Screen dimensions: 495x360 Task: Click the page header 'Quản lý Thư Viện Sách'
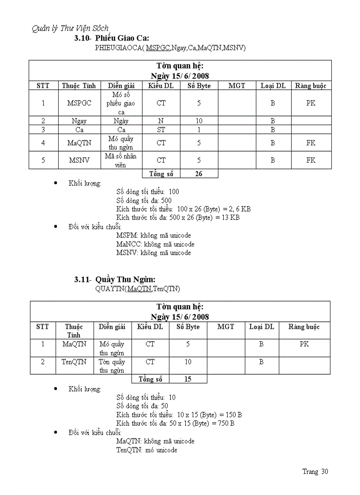[70, 29]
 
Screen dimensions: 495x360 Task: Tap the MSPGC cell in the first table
[79, 103]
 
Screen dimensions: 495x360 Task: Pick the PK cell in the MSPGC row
[311, 103]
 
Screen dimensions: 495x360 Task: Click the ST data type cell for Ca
[161, 130]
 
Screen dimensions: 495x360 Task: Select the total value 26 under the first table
[199, 174]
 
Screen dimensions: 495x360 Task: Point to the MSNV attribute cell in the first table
[79, 160]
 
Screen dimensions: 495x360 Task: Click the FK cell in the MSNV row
[311, 160]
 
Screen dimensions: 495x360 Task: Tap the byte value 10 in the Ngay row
[199, 121]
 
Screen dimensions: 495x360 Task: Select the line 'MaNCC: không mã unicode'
[155, 244]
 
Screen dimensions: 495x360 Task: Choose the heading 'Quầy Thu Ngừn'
[125, 279]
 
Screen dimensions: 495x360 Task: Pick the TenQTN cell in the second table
[74, 362]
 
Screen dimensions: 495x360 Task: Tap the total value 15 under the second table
[187, 379]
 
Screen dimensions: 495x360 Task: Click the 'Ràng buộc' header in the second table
[304, 327]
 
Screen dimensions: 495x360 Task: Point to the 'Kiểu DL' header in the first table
[161, 86]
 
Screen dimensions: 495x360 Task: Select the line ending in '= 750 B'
[175, 424]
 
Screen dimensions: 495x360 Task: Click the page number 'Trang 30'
[315, 472]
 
